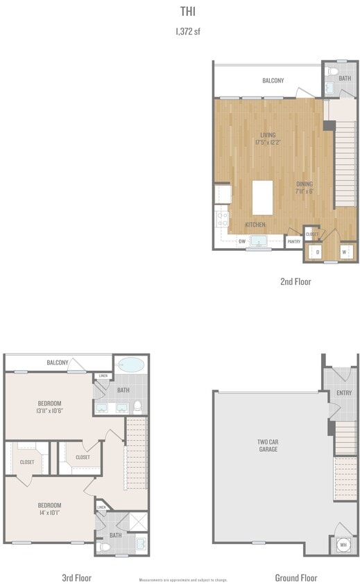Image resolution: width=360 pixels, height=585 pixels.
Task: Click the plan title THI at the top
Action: [x=187, y=12]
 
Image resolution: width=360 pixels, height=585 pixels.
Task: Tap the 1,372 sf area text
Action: [x=187, y=31]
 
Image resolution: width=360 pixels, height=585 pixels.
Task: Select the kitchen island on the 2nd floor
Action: [x=262, y=198]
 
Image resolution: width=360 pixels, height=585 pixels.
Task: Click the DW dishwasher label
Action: [x=242, y=241]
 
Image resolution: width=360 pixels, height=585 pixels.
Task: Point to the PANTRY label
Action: [x=294, y=242]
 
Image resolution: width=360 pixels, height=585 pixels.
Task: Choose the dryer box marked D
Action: [x=317, y=252]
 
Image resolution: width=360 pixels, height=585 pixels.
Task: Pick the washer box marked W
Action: [x=345, y=252]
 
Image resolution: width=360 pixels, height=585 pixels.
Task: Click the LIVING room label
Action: [x=268, y=134]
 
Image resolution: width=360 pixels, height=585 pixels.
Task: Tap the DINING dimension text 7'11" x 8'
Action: [x=305, y=191]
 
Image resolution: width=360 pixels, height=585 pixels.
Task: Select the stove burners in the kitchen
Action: [x=223, y=220]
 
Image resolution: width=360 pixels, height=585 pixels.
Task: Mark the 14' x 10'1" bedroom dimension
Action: [x=49, y=514]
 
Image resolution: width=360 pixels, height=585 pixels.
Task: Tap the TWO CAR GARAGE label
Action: [x=268, y=445]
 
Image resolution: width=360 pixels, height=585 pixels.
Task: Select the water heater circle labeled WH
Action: [x=343, y=545]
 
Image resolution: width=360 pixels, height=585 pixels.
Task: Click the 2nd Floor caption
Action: [x=295, y=281]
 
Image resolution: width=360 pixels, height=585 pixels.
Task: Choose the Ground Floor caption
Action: [x=296, y=577]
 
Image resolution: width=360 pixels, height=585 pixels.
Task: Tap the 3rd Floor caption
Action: [x=76, y=577]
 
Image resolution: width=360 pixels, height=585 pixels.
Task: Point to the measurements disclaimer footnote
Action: [x=183, y=579]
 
